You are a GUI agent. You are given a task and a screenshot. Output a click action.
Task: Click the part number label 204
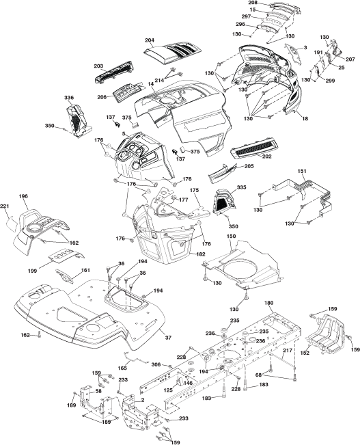point(150,40)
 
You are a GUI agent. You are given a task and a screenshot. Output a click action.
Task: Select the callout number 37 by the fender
point(169,338)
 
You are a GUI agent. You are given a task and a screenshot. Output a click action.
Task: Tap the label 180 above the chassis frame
point(268,303)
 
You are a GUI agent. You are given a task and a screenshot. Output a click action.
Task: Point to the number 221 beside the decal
point(5,206)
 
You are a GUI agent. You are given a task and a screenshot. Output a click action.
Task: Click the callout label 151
point(302,171)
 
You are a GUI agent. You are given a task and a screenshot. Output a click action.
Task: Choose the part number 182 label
point(201,254)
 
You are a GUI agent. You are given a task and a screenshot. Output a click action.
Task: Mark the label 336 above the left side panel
point(69,98)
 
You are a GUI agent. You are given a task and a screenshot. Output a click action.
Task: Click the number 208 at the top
point(253,3)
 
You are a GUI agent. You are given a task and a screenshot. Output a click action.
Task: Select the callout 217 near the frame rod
point(288,351)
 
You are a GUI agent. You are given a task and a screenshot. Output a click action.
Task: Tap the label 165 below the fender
point(122,368)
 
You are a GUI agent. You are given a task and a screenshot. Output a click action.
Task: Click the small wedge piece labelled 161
point(64,276)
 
